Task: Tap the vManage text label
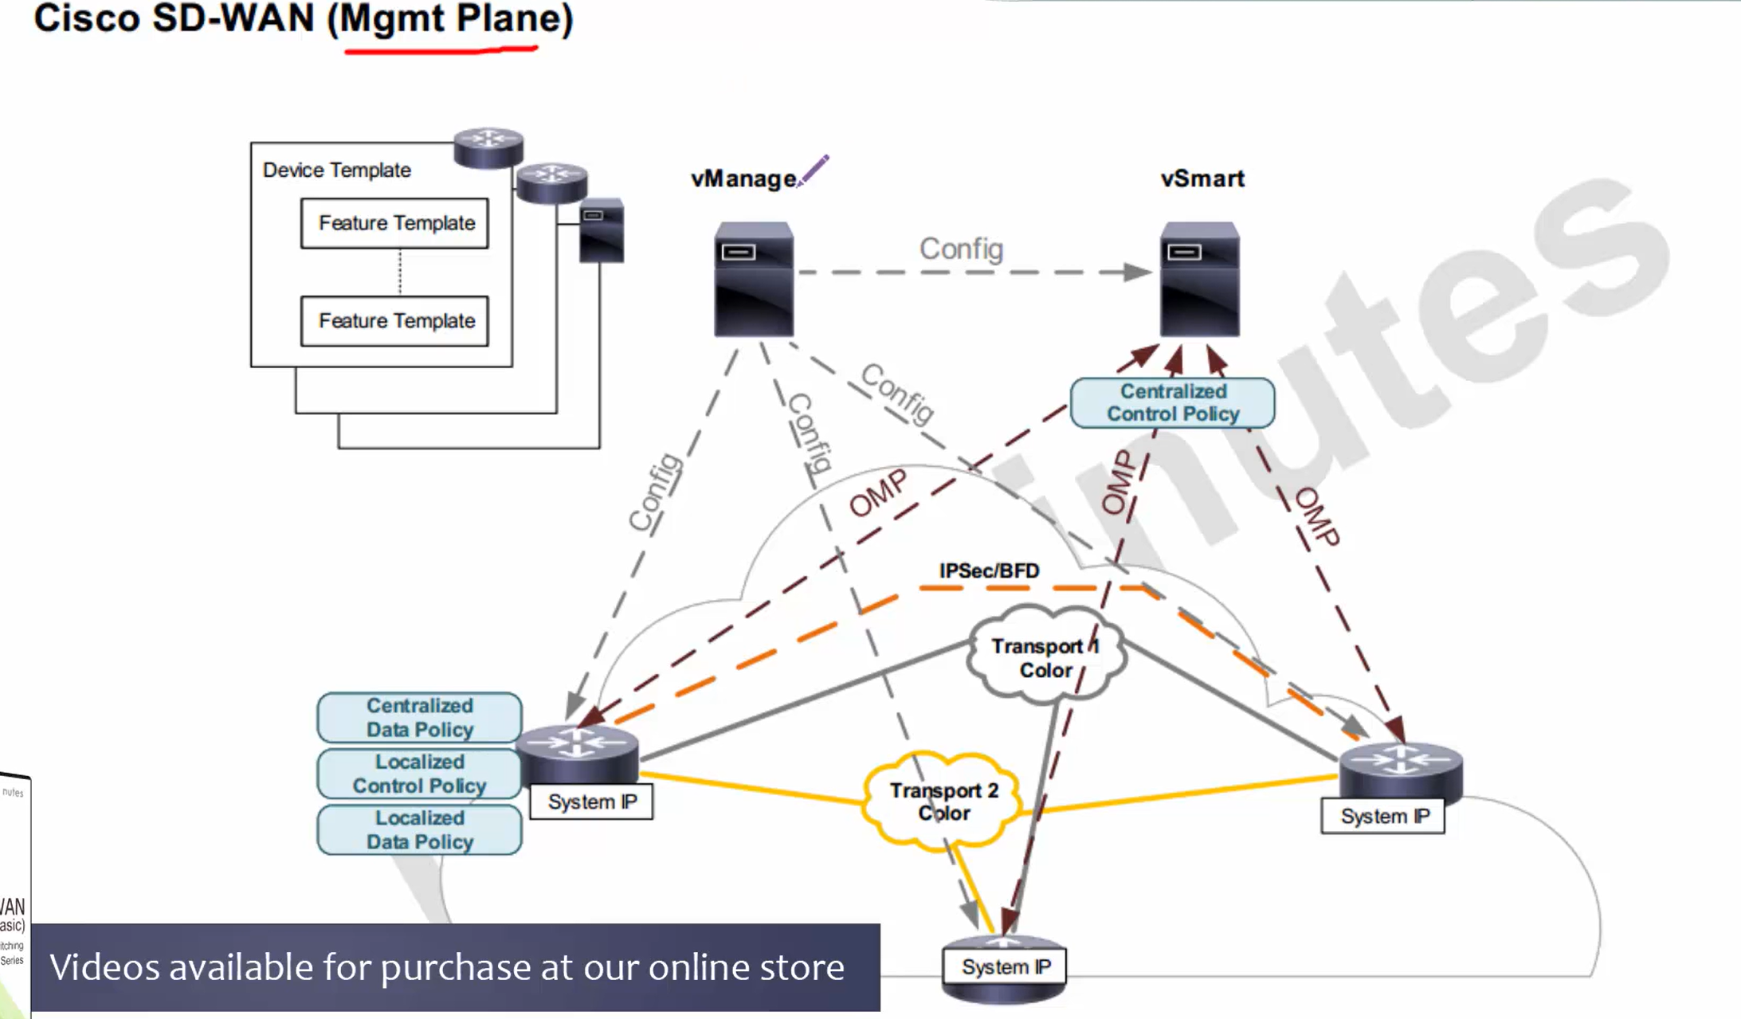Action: [x=743, y=178]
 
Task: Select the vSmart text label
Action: [x=1202, y=178]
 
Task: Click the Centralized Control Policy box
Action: [x=1172, y=403]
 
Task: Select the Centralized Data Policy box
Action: [x=420, y=718]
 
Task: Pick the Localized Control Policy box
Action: [x=420, y=774]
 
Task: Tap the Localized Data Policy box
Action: [x=420, y=830]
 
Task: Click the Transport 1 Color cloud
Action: [x=1045, y=658]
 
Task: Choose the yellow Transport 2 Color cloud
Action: [x=943, y=801]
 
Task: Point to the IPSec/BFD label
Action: [x=989, y=571]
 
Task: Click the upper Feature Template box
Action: [x=395, y=224]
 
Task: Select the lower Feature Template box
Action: [x=395, y=321]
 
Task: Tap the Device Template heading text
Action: [x=336, y=170]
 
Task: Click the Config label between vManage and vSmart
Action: [x=961, y=249]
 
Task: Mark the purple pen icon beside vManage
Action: [x=814, y=170]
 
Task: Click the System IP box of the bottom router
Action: [x=1006, y=967]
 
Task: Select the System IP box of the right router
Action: [x=1383, y=817]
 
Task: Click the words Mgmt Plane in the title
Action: [x=450, y=19]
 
